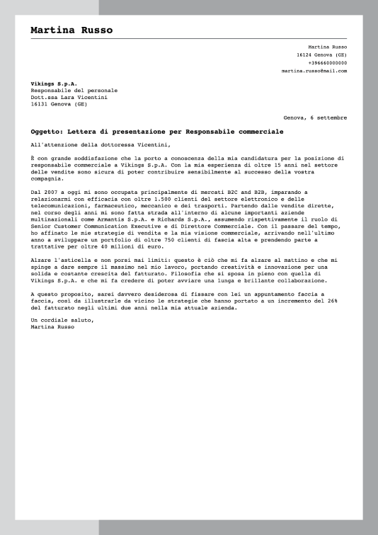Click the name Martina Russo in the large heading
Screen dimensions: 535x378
71,30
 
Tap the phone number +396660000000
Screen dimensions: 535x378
328,62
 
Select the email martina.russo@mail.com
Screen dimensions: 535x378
314,71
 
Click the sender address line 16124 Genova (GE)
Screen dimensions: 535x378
322,54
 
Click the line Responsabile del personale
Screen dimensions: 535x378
74,91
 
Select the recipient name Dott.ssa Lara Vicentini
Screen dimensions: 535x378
69,97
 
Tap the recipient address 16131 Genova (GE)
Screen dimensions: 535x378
59,104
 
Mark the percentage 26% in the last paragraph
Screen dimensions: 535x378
340,300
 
